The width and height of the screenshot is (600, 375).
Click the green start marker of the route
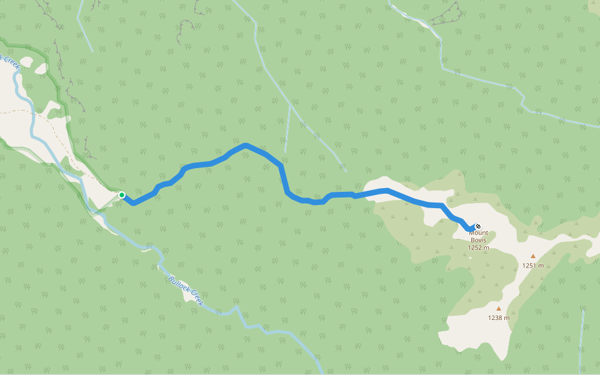point(122,195)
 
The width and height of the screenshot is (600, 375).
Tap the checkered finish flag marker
point(478,226)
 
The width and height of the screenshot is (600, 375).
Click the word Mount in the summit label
point(478,234)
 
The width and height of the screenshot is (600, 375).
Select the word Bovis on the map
point(478,241)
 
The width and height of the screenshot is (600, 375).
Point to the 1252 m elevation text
point(478,248)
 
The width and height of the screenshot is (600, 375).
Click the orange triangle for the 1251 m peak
point(533,256)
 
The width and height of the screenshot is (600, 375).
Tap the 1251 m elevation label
point(532,266)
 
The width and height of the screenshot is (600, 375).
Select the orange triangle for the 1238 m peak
point(498,308)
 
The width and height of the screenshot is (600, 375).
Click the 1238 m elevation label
point(498,318)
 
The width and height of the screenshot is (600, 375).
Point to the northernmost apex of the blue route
point(246,146)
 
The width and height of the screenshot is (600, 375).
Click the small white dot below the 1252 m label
point(471,257)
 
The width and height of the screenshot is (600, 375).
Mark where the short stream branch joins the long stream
point(289,104)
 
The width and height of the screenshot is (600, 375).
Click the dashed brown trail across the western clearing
point(37,116)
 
